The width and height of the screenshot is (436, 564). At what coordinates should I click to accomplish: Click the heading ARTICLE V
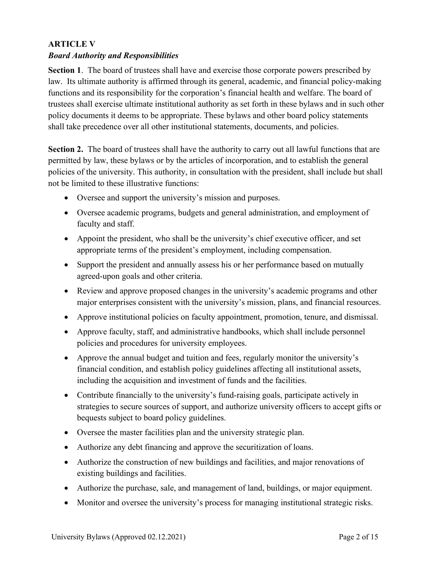[72, 44]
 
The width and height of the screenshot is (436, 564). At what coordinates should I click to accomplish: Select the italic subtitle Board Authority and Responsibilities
[113, 56]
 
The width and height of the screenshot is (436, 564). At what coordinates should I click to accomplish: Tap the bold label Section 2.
[66, 149]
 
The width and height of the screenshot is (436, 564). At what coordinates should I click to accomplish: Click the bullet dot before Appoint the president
[68, 239]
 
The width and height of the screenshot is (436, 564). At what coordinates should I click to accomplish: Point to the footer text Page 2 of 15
[358, 537]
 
